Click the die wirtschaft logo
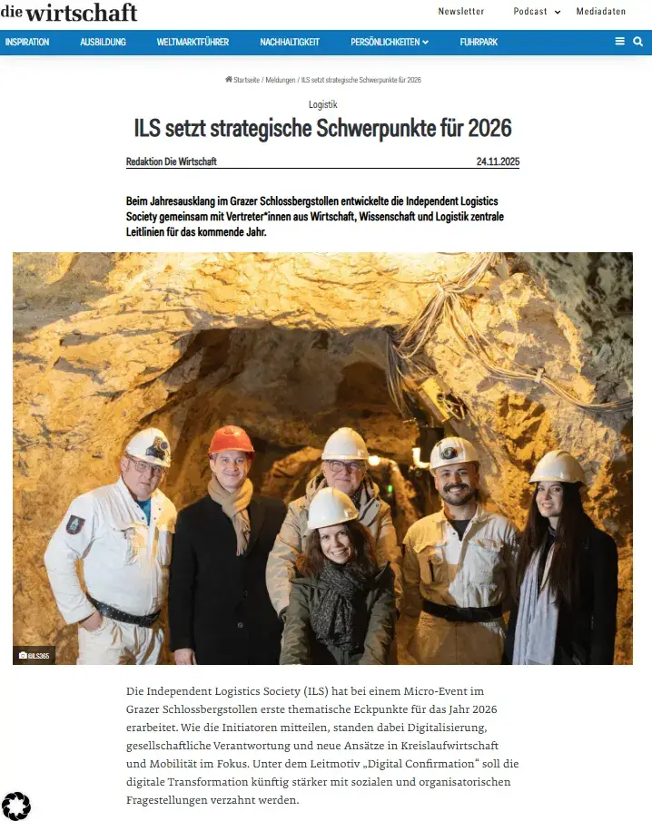pyautogui.click(x=69, y=12)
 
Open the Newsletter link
pyautogui.click(x=461, y=12)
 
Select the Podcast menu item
pyautogui.click(x=530, y=12)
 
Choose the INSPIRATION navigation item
pyautogui.click(x=27, y=42)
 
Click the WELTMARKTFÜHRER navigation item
pyautogui.click(x=193, y=42)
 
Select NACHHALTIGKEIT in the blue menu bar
pyautogui.click(x=290, y=42)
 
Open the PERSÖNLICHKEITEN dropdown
pyautogui.click(x=390, y=42)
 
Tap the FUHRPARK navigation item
pyautogui.click(x=479, y=42)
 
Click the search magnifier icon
pyautogui.click(x=638, y=42)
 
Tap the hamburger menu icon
pyautogui.click(x=620, y=42)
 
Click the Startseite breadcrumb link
pyautogui.click(x=245, y=80)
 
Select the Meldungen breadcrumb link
pyautogui.click(x=280, y=80)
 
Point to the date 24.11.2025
pyautogui.click(x=498, y=161)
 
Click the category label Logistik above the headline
pyautogui.click(x=323, y=105)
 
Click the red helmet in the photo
pyautogui.click(x=232, y=441)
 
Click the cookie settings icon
pyautogui.click(x=16, y=806)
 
